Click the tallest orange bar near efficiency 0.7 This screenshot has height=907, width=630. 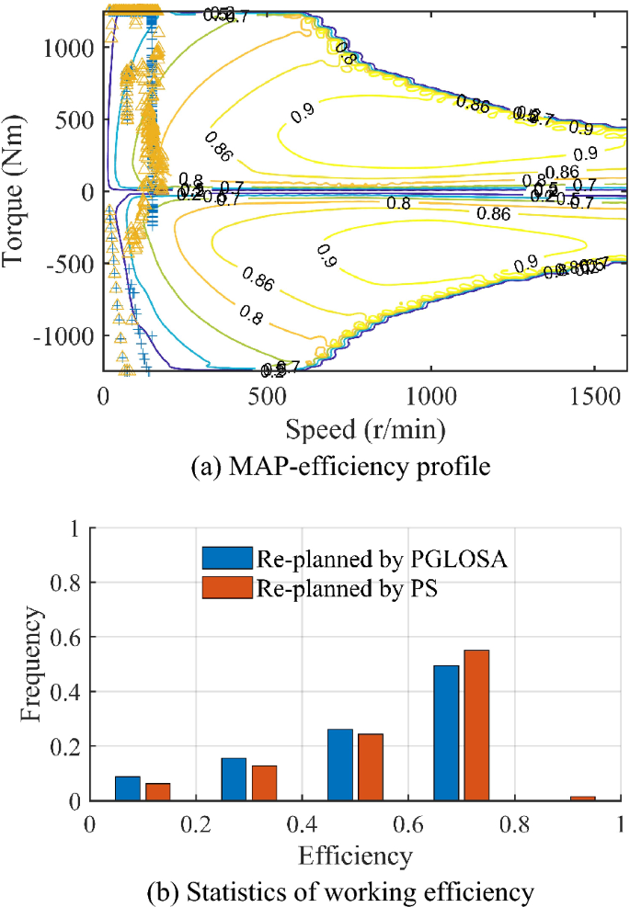[x=476, y=725]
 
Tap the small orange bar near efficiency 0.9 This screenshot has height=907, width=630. [x=582, y=798]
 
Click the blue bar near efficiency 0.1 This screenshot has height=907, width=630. [x=128, y=788]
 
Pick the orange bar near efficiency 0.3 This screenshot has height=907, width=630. [x=264, y=783]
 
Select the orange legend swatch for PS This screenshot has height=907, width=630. [x=228, y=585]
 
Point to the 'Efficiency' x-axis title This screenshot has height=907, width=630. [x=355, y=856]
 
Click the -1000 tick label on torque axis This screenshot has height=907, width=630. [x=64, y=336]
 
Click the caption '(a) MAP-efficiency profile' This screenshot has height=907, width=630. [x=339, y=467]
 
